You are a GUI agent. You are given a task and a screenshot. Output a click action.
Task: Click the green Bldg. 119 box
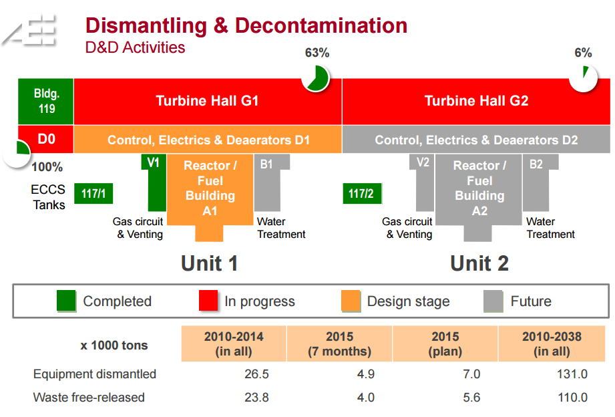45,101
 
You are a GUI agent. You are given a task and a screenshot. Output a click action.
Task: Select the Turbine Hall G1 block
207,101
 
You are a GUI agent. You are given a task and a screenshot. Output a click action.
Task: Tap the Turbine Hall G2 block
476,101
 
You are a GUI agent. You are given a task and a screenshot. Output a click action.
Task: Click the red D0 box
45,140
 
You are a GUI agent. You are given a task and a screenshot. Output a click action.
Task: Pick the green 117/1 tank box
93,194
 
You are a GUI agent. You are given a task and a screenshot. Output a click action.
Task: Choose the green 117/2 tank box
361,194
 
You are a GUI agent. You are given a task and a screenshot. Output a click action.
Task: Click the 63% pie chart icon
316,78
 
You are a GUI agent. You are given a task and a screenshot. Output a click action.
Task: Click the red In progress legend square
209,301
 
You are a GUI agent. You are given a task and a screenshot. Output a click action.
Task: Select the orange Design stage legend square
351,301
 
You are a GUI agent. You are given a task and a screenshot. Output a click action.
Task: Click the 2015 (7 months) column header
339,343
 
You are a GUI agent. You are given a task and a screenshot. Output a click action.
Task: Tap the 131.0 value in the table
573,374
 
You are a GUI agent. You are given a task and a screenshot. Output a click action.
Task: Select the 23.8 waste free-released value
256,398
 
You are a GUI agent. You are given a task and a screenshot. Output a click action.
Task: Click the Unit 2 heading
479,263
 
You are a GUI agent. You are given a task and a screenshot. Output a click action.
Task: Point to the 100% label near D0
47,167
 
